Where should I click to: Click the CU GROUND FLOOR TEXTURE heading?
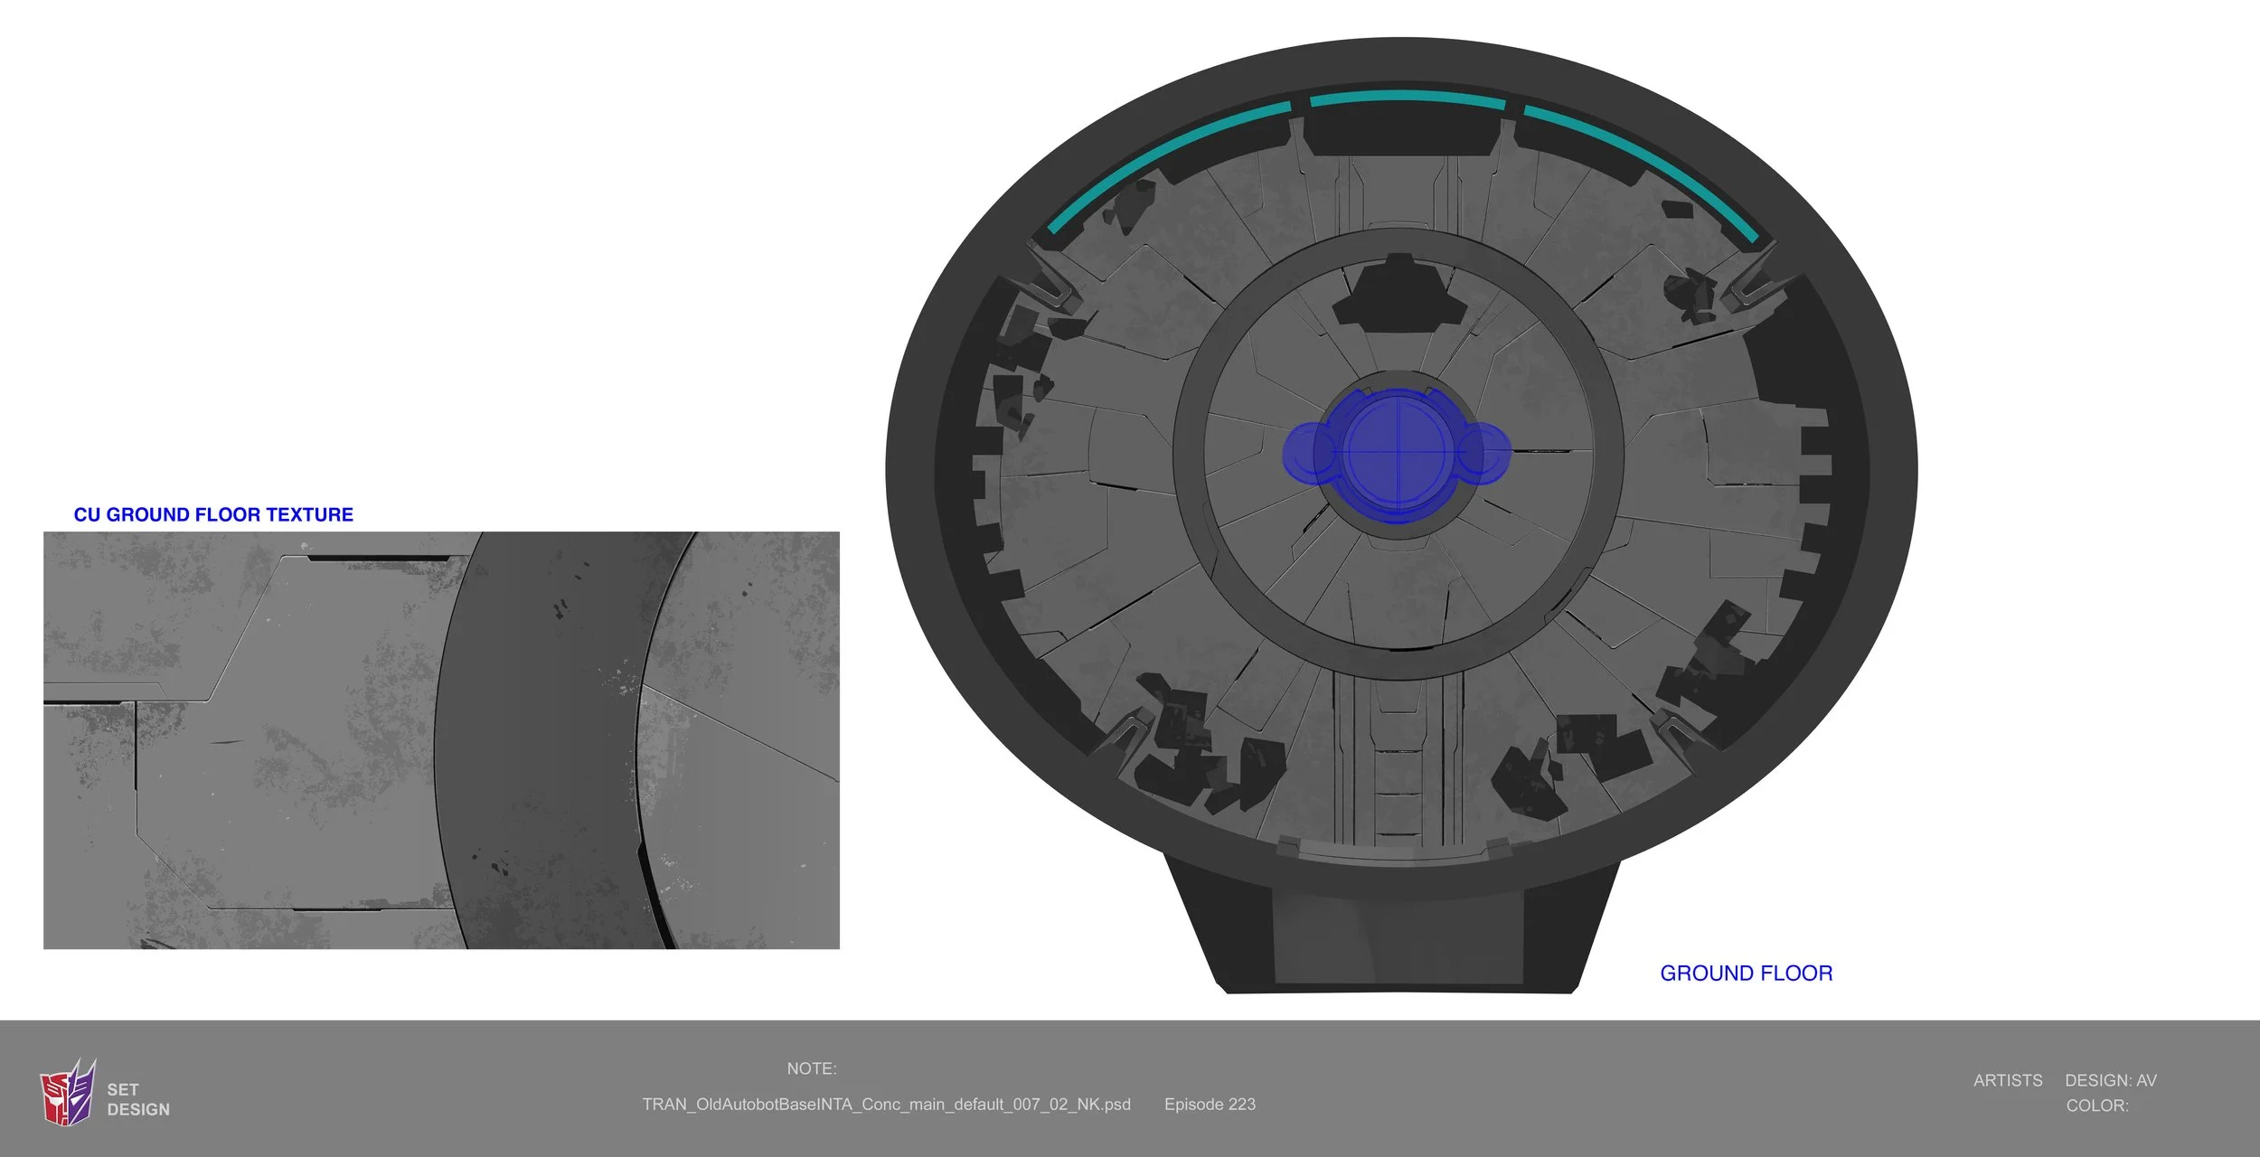(213, 514)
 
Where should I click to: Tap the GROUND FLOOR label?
(1746, 974)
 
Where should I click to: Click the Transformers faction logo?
(68, 1093)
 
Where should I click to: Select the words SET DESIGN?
(138, 1099)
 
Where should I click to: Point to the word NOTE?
(812, 1068)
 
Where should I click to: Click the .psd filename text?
(886, 1105)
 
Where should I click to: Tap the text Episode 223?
(1210, 1105)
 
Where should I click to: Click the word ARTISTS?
(2008, 1080)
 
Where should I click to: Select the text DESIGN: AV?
(2111, 1080)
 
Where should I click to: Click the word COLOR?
(2097, 1105)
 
